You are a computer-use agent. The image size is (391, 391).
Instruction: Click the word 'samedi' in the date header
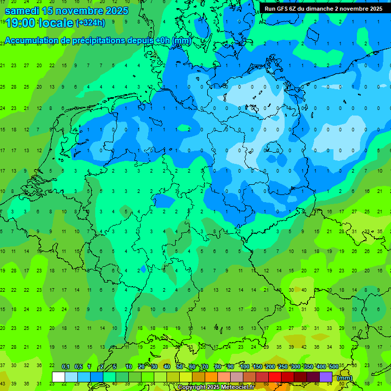point(22,11)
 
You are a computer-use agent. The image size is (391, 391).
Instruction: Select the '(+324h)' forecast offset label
point(91,22)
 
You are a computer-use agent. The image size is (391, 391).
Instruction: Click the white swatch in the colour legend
point(59,377)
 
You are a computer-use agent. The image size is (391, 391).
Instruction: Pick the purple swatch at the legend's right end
point(326,377)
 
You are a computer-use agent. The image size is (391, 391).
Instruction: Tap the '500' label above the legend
point(333,367)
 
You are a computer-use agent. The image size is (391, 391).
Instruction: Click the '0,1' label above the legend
point(66,367)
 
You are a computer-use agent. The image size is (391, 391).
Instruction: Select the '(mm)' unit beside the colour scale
point(345,378)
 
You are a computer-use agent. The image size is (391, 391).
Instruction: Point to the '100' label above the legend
point(244,367)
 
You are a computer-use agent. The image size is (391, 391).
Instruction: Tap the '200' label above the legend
point(270,367)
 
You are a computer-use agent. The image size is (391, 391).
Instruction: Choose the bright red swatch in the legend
point(275,377)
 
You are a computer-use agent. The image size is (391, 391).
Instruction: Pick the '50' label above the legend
point(180,367)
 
